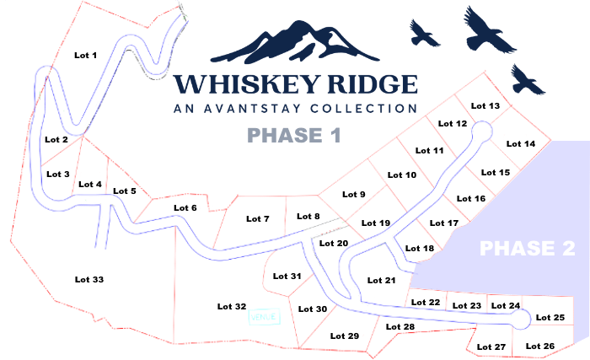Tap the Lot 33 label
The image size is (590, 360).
(88, 279)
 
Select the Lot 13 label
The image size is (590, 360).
(485, 106)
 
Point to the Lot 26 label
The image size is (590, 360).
(540, 347)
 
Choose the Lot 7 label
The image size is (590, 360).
(258, 219)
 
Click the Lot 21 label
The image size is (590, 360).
(382, 280)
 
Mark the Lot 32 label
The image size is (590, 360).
(232, 306)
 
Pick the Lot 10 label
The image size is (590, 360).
(402, 175)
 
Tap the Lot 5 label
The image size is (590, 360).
(124, 191)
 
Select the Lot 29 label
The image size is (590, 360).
(345, 336)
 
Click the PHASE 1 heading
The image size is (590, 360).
(288, 135)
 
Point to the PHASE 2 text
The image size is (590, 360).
(528, 249)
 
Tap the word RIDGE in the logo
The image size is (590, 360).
(370, 85)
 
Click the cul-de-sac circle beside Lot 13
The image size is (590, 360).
(481, 130)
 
